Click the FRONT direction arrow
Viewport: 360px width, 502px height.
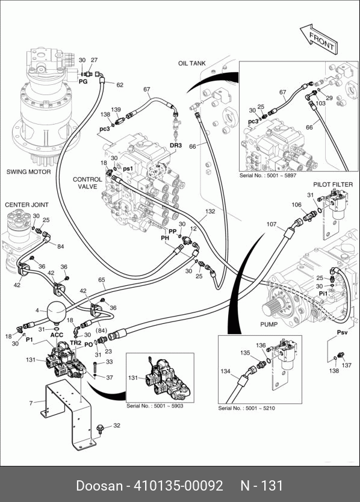click(318, 38)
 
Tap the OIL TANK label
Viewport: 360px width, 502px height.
click(192, 63)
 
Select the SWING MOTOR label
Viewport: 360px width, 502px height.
click(28, 172)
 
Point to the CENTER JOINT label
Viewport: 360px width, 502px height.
click(26, 205)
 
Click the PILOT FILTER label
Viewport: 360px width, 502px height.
click(333, 184)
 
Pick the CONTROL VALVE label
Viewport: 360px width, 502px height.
click(87, 183)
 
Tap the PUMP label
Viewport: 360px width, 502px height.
click(268, 324)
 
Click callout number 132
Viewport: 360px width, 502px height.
click(210, 212)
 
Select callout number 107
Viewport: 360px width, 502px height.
click(272, 224)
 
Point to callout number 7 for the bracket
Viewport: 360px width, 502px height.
click(31, 403)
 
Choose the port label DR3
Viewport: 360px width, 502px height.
click(176, 145)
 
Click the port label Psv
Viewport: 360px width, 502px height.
click(342, 333)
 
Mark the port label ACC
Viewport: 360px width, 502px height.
click(57, 335)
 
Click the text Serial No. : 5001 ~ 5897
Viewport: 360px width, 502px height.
click(268, 175)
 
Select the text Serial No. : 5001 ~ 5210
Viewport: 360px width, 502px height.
click(246, 408)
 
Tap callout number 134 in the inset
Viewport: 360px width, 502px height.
click(225, 371)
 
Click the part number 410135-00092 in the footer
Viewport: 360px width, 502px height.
click(178, 485)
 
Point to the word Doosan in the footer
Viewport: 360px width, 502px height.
click(99, 485)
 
